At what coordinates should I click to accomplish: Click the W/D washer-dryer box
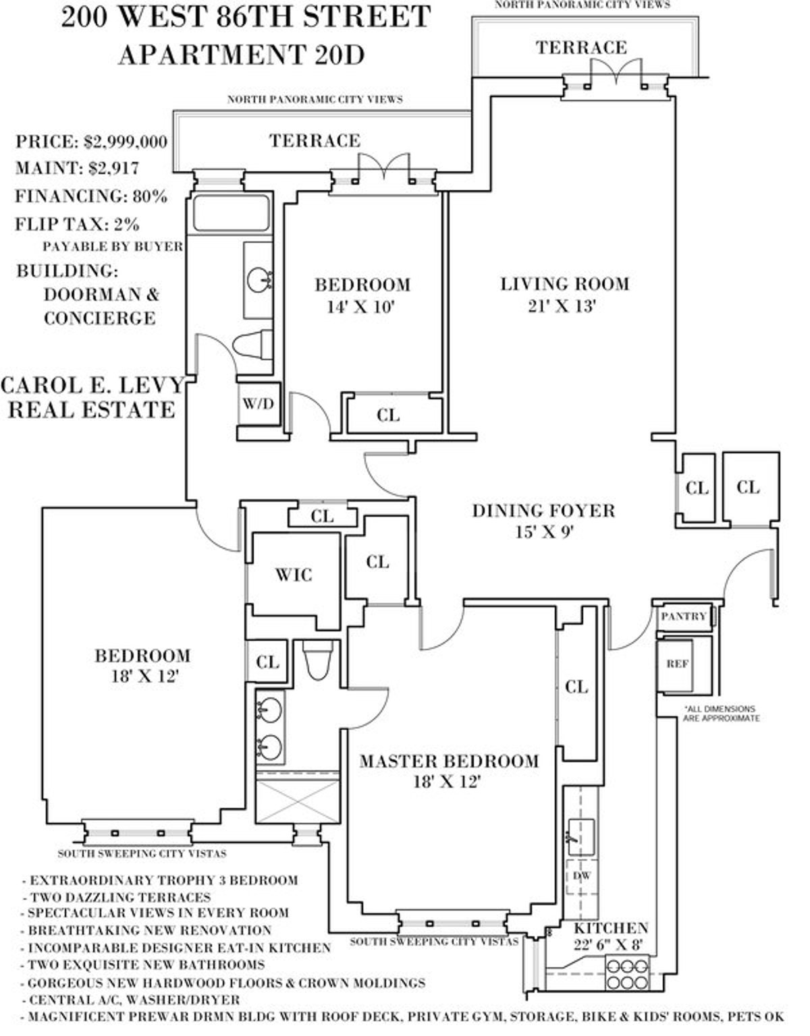point(259,405)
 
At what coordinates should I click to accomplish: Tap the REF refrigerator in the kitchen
point(677,664)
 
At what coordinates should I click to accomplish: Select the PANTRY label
point(684,616)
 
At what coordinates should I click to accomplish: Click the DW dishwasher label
point(582,875)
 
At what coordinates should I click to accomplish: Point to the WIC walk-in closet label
point(294,575)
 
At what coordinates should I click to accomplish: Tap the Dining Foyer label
point(543,511)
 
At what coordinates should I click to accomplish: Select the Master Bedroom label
point(449,761)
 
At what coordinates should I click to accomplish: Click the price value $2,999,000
point(126,142)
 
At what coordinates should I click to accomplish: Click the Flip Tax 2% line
point(78,223)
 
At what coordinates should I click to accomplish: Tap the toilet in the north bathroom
point(252,344)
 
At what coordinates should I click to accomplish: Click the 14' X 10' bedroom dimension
point(360,308)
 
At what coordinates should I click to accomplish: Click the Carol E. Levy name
point(92,385)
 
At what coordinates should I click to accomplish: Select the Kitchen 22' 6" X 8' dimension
point(611,947)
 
